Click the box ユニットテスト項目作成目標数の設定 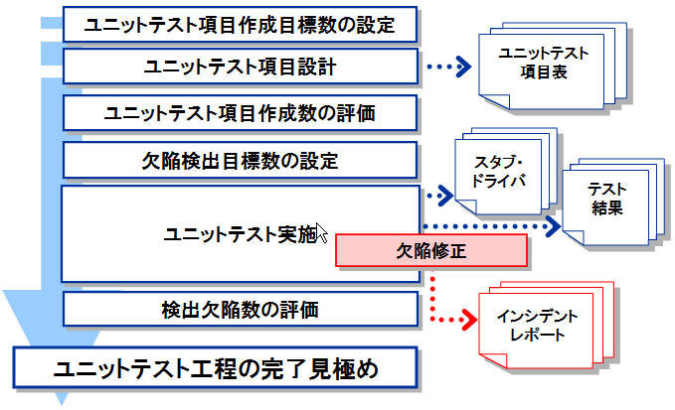[x=241, y=25]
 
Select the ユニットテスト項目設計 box [x=241, y=67]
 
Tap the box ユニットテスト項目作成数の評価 [x=241, y=113]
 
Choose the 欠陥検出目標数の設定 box [x=241, y=160]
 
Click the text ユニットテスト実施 [x=241, y=234]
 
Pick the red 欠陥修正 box [x=431, y=250]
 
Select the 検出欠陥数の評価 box [x=241, y=309]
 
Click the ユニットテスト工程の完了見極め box [x=216, y=368]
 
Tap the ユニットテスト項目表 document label [x=543, y=63]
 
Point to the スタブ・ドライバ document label [x=498, y=172]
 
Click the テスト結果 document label [x=607, y=199]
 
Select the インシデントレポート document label [x=537, y=326]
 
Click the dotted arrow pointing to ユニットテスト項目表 [x=449, y=67]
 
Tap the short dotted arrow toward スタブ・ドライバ [x=439, y=196]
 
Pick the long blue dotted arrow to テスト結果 [x=492, y=226]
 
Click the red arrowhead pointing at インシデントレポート [x=469, y=320]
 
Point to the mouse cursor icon [x=321, y=232]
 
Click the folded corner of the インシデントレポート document [x=493, y=360]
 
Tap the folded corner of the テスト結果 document [x=574, y=237]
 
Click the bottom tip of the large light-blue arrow [x=62, y=404]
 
